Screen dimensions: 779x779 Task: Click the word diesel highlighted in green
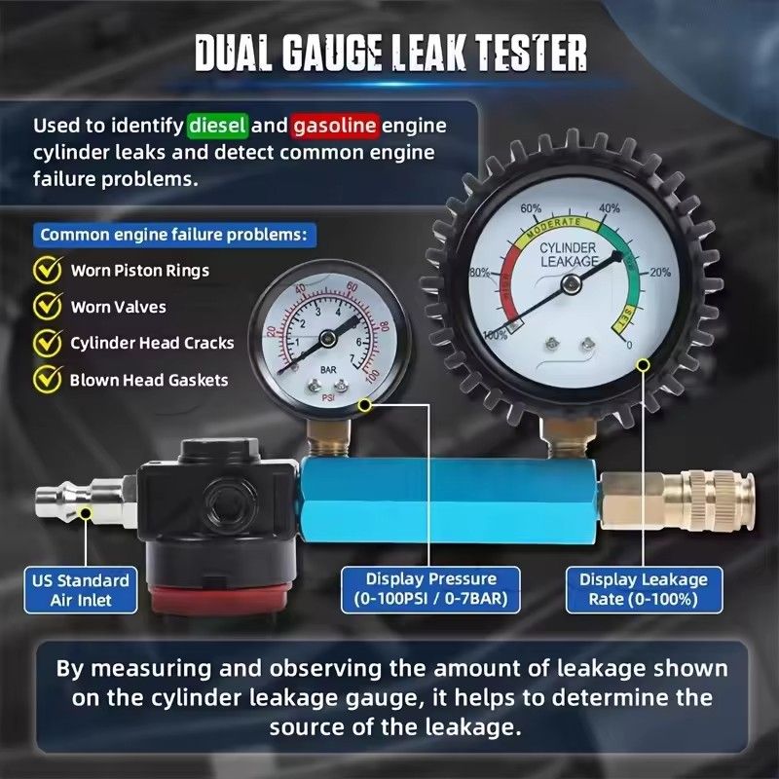[x=218, y=126]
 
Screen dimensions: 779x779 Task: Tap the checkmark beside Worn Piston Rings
[x=48, y=270]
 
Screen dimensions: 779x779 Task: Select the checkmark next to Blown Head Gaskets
[x=48, y=380]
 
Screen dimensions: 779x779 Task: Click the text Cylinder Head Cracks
[x=152, y=343]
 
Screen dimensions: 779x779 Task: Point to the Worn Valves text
[x=118, y=307]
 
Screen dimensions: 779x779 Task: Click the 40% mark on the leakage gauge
[x=610, y=208]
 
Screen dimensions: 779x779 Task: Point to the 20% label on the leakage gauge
[x=659, y=272]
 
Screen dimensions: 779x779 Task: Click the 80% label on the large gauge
[x=479, y=272]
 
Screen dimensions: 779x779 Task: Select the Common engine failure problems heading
[x=173, y=235]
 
